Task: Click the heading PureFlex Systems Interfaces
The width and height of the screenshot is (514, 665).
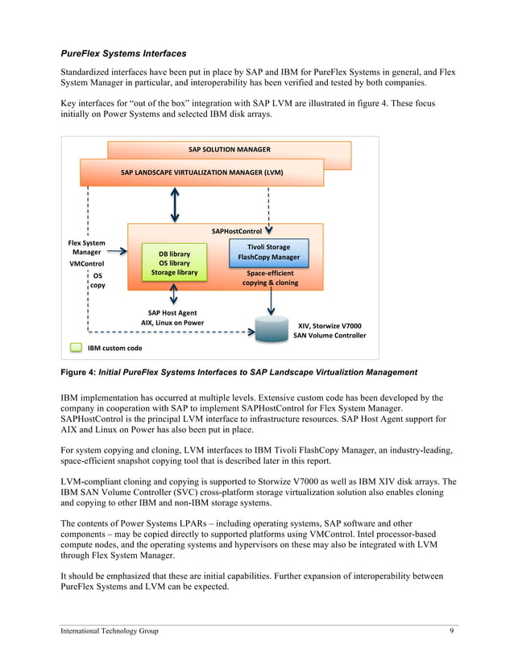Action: (x=123, y=54)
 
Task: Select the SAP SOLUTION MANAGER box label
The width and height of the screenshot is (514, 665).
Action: (x=230, y=150)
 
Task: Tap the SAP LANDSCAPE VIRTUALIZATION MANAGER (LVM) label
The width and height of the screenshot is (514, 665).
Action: (x=201, y=172)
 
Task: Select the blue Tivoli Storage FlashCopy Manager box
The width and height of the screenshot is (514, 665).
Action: (x=269, y=252)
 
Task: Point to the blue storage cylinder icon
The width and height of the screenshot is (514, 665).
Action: (x=271, y=330)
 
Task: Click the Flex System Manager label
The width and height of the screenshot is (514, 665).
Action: (x=86, y=247)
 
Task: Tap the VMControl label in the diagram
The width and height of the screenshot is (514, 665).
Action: (x=86, y=263)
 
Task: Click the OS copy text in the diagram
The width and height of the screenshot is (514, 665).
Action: (x=97, y=280)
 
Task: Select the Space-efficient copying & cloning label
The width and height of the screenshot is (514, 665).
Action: (x=270, y=278)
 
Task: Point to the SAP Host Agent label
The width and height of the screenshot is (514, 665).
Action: (x=172, y=312)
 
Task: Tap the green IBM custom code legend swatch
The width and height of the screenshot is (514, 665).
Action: (x=76, y=349)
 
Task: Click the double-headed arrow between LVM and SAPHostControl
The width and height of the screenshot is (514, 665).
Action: (x=174, y=204)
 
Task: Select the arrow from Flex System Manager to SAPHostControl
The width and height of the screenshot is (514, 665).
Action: (x=118, y=251)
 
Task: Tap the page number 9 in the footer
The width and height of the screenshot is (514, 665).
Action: (x=452, y=630)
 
